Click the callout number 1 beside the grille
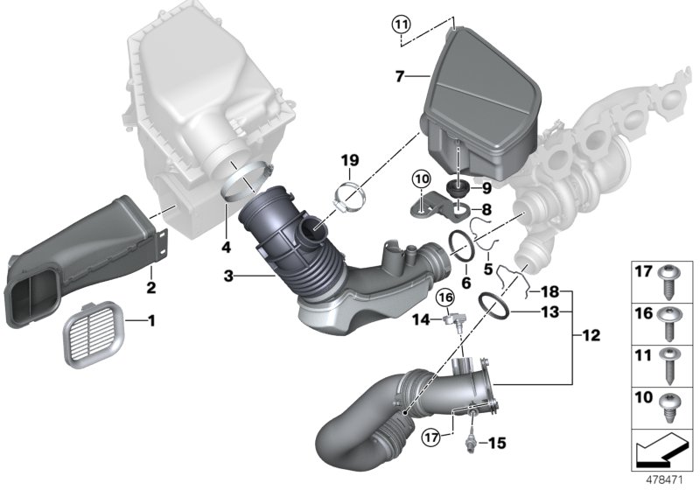tap(150, 321)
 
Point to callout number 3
tap(228, 276)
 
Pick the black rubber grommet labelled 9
tap(455, 188)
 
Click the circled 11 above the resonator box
tap(401, 24)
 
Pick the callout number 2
tap(150, 286)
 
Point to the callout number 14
tap(419, 320)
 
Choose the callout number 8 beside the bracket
tap(487, 210)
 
